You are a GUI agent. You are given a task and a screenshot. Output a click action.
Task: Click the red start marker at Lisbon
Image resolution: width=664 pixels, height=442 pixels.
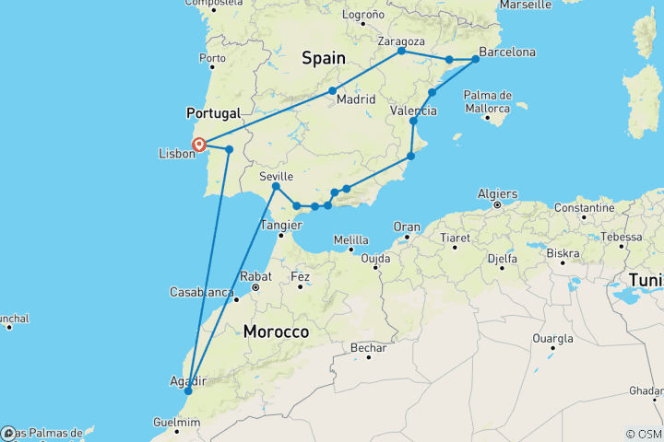pos(198,143)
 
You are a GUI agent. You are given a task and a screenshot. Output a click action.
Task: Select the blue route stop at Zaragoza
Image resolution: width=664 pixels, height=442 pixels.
pos(401,51)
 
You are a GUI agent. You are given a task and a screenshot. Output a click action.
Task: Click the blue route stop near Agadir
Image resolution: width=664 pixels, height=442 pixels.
pos(187,390)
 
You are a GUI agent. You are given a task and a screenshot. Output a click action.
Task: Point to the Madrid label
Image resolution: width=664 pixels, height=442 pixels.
pos(355,99)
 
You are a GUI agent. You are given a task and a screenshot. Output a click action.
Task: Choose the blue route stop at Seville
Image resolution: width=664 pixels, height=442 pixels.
pos(276,187)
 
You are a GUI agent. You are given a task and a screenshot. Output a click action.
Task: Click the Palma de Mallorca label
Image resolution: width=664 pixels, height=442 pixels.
pos(488,101)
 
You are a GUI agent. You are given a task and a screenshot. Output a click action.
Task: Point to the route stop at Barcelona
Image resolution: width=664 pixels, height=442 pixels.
pos(476,60)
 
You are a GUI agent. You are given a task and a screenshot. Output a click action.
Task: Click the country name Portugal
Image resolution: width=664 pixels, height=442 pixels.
pos(213,113)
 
